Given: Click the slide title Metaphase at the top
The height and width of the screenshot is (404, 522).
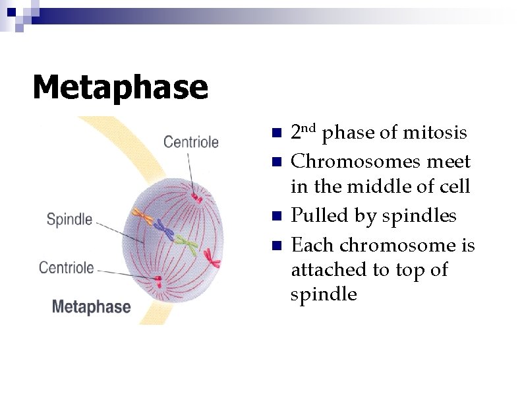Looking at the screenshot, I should click(120, 87).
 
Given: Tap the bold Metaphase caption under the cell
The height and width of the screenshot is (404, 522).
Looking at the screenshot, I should click(91, 307).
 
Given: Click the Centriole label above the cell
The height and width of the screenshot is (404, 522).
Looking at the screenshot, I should click(190, 141).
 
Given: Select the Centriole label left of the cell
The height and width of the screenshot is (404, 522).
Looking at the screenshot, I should click(66, 267).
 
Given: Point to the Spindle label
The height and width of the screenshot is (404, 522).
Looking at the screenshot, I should click(69, 219).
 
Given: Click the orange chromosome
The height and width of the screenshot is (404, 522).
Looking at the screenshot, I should click(142, 216).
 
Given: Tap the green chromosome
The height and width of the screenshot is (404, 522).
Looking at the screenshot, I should click(188, 246).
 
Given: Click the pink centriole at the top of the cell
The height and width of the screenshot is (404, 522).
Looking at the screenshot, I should click(195, 196).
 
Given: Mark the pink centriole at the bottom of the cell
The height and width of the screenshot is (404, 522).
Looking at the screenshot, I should click(158, 283).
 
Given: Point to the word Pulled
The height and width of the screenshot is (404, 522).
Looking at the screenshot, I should click(316, 217).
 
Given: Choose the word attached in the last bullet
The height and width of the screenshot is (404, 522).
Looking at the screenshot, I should click(323, 269).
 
